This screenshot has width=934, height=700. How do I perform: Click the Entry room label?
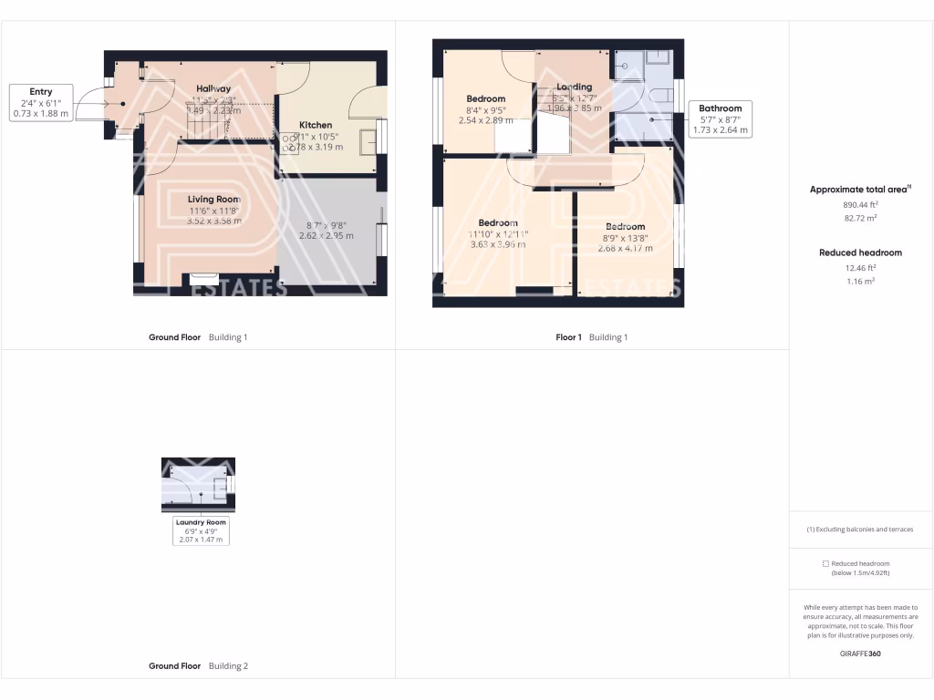point(41,92)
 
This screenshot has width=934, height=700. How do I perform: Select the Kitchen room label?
point(316,125)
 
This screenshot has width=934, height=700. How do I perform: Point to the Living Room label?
point(214,199)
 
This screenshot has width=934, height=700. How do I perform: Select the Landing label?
point(575,87)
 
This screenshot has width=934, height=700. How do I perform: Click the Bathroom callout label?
point(720,108)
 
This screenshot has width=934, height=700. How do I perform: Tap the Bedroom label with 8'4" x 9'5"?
point(485,98)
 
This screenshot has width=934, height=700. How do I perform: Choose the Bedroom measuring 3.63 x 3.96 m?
point(498,223)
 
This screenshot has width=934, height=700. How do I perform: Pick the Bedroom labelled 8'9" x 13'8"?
point(625,226)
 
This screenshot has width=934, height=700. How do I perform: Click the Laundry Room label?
point(202,522)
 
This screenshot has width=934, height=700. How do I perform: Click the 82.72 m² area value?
point(860,219)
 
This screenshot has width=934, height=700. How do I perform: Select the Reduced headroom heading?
point(860,252)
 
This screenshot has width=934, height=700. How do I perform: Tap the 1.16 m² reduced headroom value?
point(860,281)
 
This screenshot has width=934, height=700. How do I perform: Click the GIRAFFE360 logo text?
point(860,654)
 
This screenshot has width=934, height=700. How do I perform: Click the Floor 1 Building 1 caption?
point(591,337)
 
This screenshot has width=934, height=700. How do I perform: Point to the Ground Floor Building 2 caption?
point(198,666)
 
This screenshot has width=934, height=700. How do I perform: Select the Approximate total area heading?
point(857,190)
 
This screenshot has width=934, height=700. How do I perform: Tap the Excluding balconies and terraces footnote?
point(860,530)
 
